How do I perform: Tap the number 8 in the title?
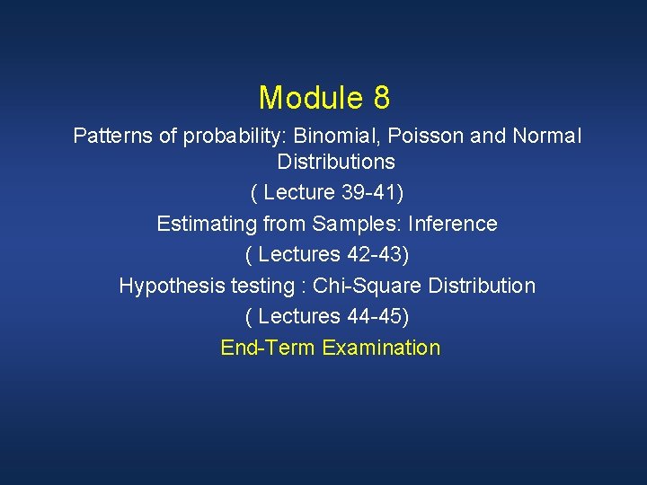(x=378, y=97)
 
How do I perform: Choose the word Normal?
(x=547, y=137)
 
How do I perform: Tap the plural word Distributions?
(x=336, y=163)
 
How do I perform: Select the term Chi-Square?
(x=365, y=286)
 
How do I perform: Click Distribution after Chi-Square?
(x=482, y=286)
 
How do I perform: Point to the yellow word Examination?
(x=381, y=348)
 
